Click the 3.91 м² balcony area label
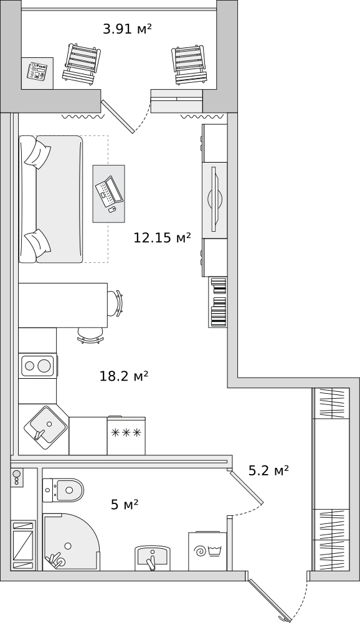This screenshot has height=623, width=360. click(127, 29)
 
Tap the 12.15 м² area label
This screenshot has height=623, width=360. click(162, 237)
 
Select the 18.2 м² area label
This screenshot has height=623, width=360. click(123, 376)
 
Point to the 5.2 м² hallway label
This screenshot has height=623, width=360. click(268, 470)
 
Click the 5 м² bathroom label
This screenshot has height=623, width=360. click(125, 505)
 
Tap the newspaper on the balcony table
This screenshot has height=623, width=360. click(37, 72)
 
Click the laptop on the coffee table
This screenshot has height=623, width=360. click(109, 191)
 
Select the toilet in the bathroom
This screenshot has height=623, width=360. click(63, 490)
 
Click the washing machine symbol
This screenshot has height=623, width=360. click(207, 551)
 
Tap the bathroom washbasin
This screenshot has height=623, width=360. click(152, 558)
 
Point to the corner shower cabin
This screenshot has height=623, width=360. click(71, 542)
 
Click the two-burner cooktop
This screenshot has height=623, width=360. click(38, 365)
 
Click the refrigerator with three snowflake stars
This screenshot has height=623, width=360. click(126, 435)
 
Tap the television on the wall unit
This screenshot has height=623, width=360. click(215, 200)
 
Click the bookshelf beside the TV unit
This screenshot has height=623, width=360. click(218, 302)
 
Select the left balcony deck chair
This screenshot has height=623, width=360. click(82, 64)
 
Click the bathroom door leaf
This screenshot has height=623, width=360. click(247, 487)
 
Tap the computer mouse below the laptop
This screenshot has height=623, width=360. click(113, 209)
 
